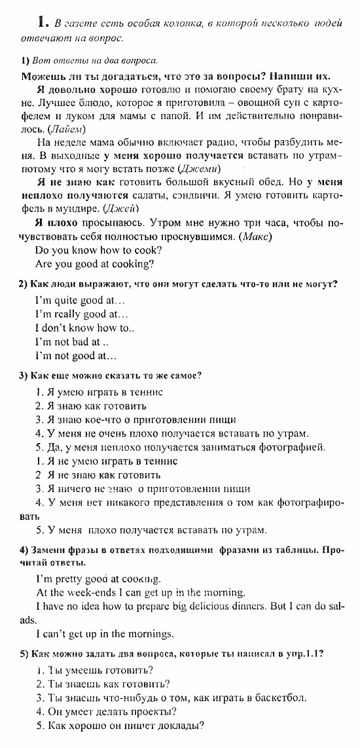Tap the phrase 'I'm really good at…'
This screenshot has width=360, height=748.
[x=81, y=314]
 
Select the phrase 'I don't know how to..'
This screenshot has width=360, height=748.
[x=84, y=328]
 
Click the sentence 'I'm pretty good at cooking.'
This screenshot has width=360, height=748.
[x=98, y=579]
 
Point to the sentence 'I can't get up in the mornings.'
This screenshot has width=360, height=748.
[x=105, y=633]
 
